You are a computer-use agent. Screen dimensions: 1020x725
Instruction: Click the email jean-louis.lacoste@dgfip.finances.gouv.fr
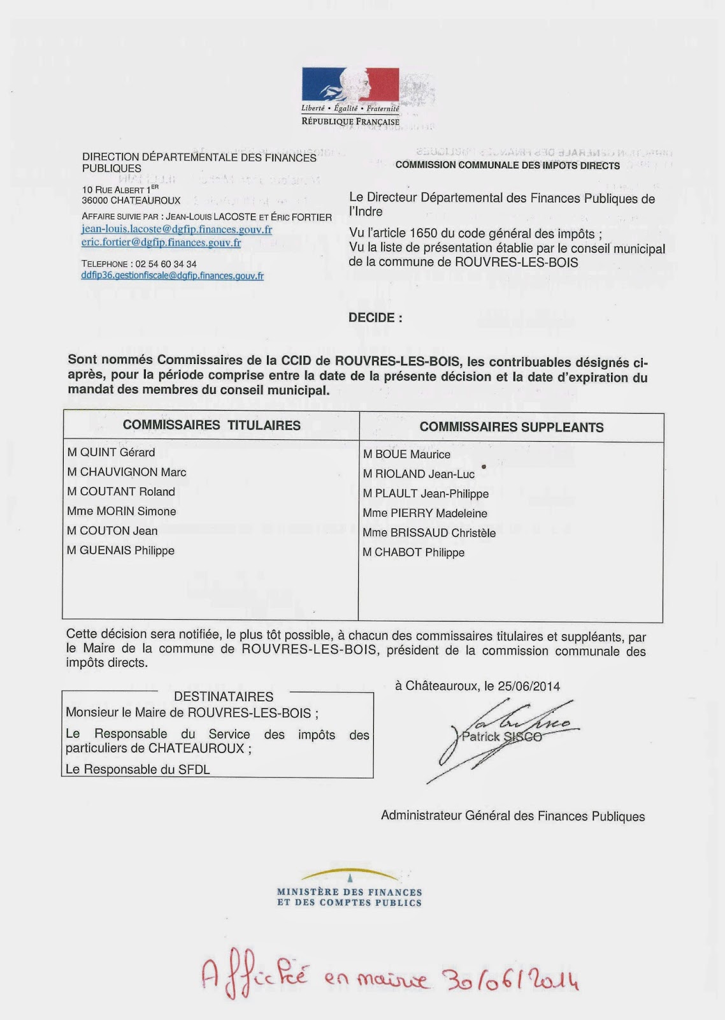(176, 229)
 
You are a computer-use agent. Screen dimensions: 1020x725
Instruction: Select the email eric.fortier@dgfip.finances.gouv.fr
(161, 242)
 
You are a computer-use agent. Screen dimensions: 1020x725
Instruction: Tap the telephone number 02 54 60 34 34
(166, 264)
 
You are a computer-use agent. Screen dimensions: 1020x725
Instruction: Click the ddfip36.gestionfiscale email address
(172, 276)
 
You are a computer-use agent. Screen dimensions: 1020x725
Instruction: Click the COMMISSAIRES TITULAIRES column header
(212, 425)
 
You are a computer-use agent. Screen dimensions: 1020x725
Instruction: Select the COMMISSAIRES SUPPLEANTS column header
(511, 427)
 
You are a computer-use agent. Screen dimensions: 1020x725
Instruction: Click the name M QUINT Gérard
(111, 453)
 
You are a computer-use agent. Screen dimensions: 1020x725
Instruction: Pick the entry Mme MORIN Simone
(121, 511)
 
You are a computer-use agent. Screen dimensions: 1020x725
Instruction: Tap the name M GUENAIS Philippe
(120, 550)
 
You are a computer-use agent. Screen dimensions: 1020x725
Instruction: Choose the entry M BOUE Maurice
(406, 455)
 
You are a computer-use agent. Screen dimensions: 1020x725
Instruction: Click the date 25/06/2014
(529, 687)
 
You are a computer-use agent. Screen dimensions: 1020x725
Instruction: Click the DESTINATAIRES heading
(224, 697)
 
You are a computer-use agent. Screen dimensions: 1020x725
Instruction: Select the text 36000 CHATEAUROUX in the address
(131, 200)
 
